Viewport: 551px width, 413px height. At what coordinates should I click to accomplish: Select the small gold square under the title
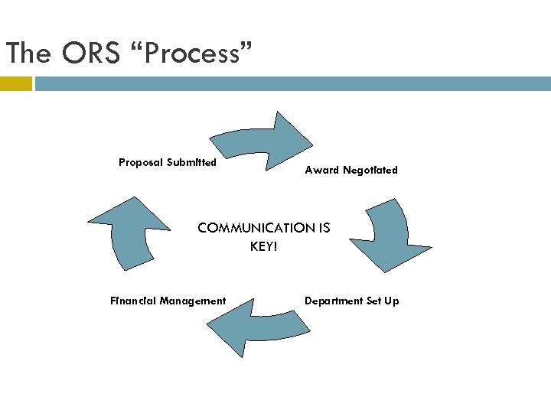point(15,83)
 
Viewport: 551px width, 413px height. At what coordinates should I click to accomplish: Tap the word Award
point(321,170)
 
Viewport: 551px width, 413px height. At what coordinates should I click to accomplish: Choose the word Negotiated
point(370,170)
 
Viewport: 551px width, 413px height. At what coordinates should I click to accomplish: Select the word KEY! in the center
point(263,246)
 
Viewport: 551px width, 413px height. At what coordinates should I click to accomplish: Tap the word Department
point(333,301)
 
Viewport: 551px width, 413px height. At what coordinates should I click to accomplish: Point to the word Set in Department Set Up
point(373,301)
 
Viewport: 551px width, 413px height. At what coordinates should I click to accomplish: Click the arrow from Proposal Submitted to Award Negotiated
point(264,141)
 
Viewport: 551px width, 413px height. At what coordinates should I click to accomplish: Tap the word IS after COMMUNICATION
point(323,228)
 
